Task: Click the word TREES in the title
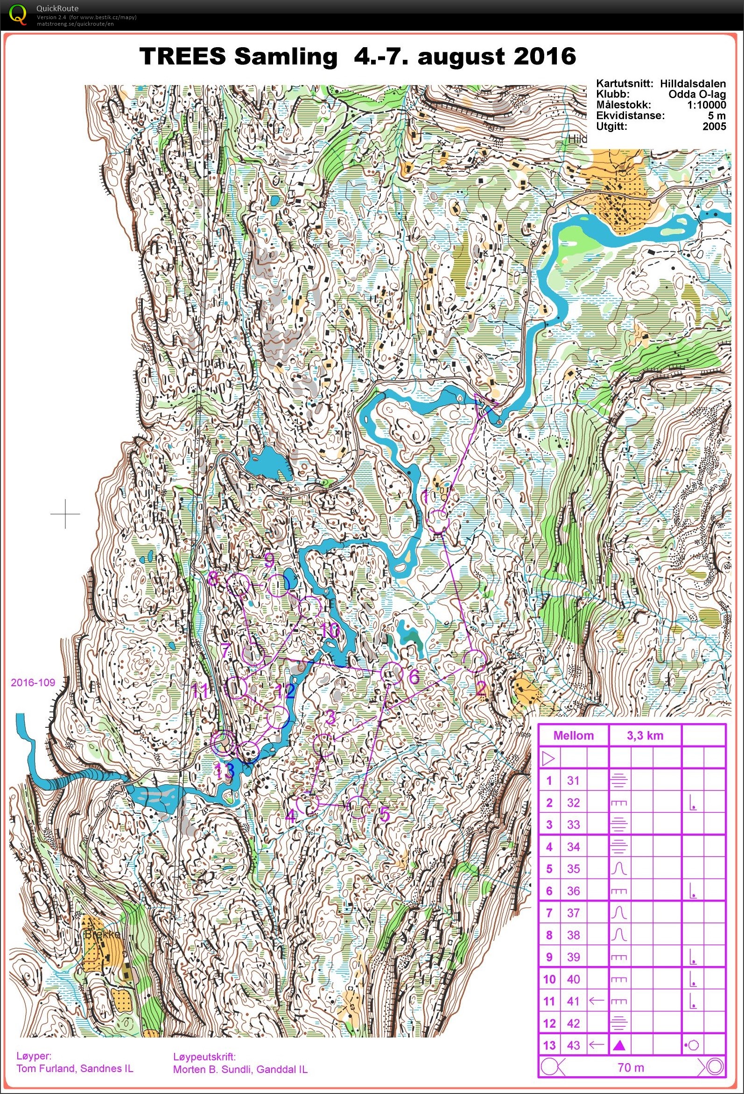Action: [x=182, y=57]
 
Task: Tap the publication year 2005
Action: [x=715, y=126]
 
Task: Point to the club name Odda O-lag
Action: [x=697, y=94]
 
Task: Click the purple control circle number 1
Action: [x=438, y=522]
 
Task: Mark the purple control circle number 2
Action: [x=475, y=661]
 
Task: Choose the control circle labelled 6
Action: [x=391, y=673]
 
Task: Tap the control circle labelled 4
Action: [x=309, y=804]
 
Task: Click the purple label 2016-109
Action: [x=33, y=682]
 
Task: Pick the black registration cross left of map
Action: [x=65, y=513]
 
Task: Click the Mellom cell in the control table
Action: [x=573, y=736]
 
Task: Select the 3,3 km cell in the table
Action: [x=645, y=736]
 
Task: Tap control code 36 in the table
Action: [x=573, y=891]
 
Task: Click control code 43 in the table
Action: [x=573, y=1045]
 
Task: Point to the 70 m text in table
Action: [x=630, y=1068]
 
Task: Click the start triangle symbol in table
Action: [x=548, y=758]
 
